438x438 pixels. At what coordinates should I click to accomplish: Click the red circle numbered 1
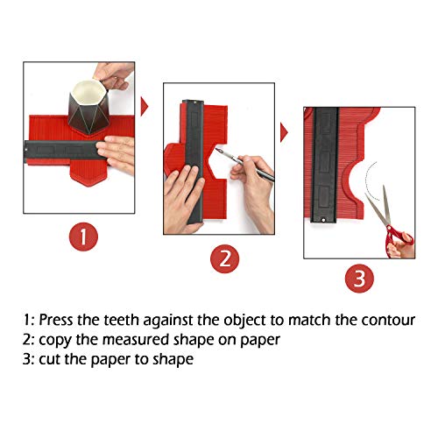coord(82,236)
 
